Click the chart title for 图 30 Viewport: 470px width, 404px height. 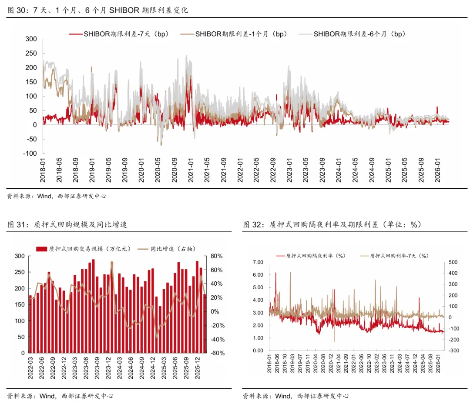point(98,10)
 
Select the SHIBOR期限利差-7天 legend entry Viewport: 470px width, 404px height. point(126,34)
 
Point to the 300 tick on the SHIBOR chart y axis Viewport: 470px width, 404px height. point(31,39)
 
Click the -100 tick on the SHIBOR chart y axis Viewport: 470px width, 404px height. point(30,154)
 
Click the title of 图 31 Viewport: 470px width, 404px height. point(67,224)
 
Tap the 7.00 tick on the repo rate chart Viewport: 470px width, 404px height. point(258,262)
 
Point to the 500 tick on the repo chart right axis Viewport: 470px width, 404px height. point(452,262)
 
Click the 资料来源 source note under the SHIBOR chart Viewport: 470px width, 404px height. point(57,196)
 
